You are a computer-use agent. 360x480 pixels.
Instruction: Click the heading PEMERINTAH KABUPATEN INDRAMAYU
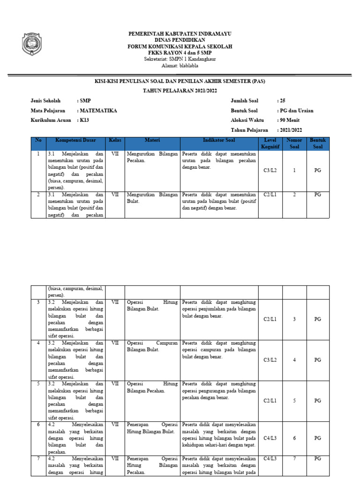(x=180, y=34)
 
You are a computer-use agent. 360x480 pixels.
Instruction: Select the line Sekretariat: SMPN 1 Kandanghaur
(x=180, y=59)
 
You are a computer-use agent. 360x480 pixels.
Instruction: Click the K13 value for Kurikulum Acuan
(x=84, y=120)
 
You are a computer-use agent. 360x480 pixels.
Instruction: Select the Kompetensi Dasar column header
(x=76, y=140)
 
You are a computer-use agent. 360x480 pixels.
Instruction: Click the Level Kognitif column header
(x=270, y=143)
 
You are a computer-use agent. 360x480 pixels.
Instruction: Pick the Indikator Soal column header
(x=219, y=140)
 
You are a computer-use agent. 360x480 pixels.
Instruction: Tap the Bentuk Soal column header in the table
(x=318, y=143)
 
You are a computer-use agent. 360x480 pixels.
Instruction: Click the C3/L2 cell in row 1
(x=270, y=171)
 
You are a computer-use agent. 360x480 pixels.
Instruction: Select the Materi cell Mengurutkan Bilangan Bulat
(x=152, y=197)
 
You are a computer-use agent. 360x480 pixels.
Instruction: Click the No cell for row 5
(x=38, y=383)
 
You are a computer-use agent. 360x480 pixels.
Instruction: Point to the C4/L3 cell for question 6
(x=270, y=438)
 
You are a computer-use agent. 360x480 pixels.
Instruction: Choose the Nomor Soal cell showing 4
(x=294, y=360)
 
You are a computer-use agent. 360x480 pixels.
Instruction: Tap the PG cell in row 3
(x=318, y=319)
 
